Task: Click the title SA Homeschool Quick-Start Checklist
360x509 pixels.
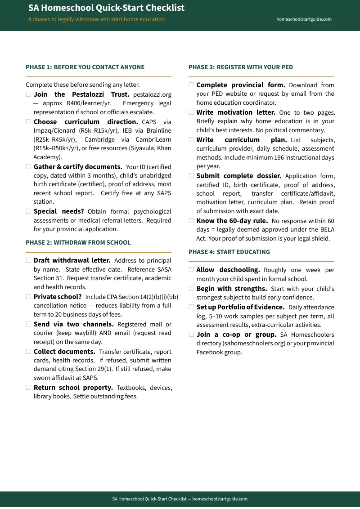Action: pos(106,8)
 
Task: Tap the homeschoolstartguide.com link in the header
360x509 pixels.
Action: pos(304,19)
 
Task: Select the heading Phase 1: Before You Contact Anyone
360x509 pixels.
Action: pos(85,67)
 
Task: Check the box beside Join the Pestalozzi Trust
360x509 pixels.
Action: pos(29,94)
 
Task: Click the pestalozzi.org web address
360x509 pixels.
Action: pos(152,95)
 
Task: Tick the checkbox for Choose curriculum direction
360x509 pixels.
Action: pos(29,122)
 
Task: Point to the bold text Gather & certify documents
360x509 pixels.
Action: pos(78,167)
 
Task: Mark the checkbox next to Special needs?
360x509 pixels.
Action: pos(29,211)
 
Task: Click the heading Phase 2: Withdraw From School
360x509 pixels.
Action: pos(78,243)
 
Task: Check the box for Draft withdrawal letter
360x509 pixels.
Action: pos(29,260)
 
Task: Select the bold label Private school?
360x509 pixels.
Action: pos(58,297)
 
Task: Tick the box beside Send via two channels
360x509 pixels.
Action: pos(29,324)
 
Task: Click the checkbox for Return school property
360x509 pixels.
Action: pos(29,388)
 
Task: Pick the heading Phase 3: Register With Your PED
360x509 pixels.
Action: pos(241,67)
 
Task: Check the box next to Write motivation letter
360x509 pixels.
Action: pos(192,112)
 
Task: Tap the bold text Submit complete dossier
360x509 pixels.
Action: pos(239,176)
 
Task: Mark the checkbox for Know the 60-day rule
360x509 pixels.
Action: pos(192,221)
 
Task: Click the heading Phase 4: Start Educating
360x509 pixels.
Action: pos(229,252)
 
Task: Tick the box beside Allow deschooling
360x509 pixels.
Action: pos(192,270)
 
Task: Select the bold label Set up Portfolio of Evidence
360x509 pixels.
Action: pos(240,307)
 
